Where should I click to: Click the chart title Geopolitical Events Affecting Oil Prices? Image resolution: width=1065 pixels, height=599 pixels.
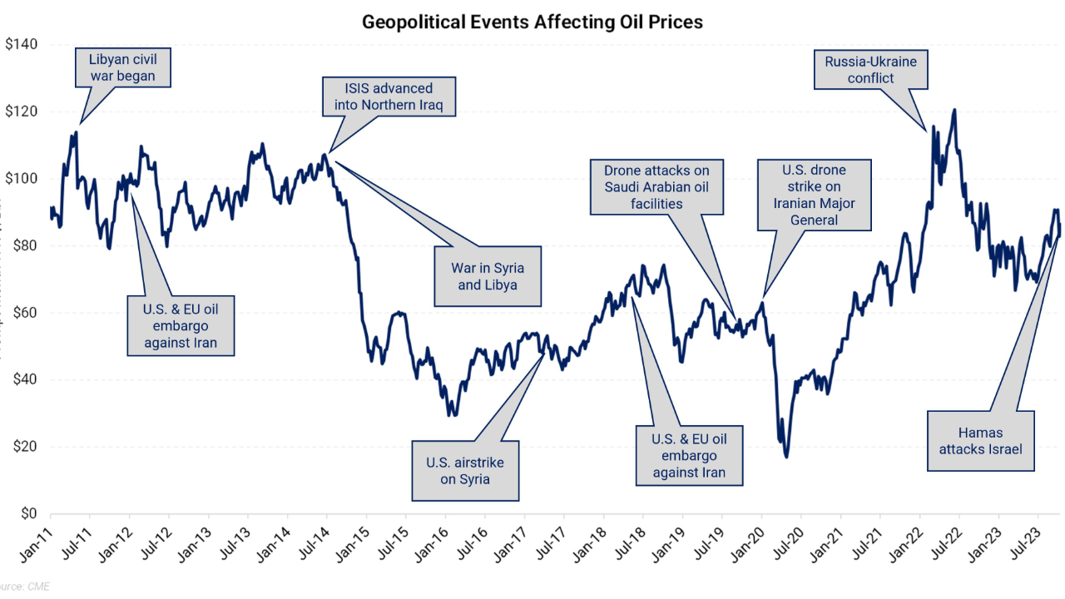(x=532, y=22)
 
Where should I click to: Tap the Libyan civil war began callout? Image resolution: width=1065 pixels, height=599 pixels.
(x=122, y=68)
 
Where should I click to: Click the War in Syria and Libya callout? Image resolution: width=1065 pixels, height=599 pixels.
(x=488, y=275)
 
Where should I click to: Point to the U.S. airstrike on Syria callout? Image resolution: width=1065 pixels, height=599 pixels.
(x=465, y=470)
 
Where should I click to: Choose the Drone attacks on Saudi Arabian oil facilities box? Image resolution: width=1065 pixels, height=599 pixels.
(x=656, y=186)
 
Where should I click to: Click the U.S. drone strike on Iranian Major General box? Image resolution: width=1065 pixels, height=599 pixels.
(x=814, y=195)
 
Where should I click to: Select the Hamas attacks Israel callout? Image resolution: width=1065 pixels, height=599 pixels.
(x=980, y=441)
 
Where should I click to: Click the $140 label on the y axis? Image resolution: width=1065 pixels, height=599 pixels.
(x=22, y=44)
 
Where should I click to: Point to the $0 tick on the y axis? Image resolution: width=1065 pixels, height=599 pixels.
(x=29, y=513)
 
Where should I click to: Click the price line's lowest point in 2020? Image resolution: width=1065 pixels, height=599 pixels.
(x=786, y=457)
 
